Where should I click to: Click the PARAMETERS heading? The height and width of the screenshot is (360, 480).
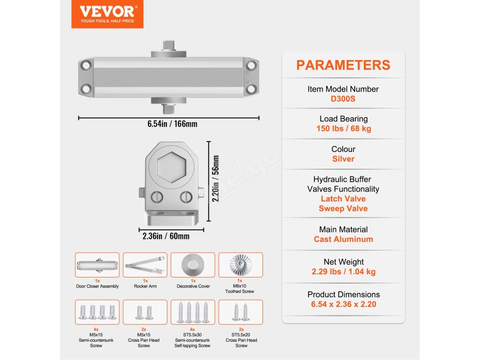tap(343, 65)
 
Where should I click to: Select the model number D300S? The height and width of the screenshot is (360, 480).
tap(343, 98)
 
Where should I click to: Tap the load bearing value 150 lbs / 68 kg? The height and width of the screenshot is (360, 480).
tap(343, 128)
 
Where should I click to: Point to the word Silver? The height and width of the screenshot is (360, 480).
tap(343, 159)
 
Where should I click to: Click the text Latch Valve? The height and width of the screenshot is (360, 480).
tap(343, 199)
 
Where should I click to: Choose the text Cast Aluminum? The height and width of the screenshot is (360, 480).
tap(343, 239)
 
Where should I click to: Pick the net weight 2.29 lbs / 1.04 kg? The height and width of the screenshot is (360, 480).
tap(343, 271)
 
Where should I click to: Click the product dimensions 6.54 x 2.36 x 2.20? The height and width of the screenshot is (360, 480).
tap(343, 304)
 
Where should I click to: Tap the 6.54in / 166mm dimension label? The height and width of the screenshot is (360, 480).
tap(169, 124)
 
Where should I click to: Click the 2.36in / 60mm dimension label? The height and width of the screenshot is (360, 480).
tap(166, 236)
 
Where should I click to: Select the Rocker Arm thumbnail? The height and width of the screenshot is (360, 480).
tap(145, 265)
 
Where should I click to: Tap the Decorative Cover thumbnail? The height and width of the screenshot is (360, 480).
tap(193, 265)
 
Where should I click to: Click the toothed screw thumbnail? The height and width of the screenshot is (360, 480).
tap(241, 265)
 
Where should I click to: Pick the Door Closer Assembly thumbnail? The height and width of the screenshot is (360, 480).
tap(97, 265)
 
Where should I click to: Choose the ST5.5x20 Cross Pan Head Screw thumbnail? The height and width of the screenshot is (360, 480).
tap(241, 312)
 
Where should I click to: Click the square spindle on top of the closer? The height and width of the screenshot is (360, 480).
tap(168, 46)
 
